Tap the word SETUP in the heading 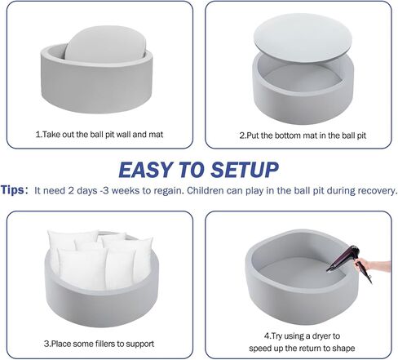point(245,170)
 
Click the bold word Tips point(12,190)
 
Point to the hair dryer point(350,261)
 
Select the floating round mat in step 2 point(303,38)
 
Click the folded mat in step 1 point(105,44)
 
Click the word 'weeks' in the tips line point(124,190)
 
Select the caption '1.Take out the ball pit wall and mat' point(99,135)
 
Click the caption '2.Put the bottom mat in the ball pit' point(303,136)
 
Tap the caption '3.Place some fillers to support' point(99,344)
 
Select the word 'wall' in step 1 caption point(122,135)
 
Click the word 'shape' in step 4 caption point(345,349)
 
